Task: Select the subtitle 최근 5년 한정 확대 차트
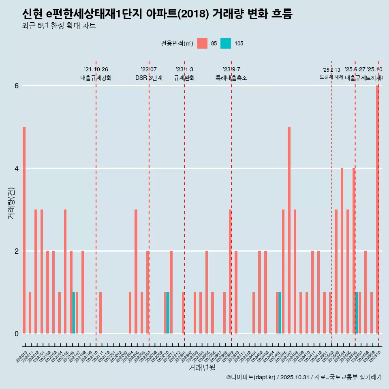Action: click(59, 26)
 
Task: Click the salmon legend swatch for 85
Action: click(202, 43)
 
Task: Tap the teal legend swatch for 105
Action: click(226, 43)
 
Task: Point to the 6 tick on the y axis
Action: click(17, 86)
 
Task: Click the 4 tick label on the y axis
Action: click(17, 169)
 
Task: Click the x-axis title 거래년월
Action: click(202, 368)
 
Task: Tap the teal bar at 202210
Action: click(168, 313)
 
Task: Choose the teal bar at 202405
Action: click(280, 313)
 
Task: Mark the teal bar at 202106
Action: click(74, 313)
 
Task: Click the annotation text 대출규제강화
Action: click(96, 78)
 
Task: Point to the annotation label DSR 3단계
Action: click(149, 78)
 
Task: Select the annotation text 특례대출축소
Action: click(231, 78)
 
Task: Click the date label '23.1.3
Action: click(184, 69)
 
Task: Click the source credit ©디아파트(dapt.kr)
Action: click(251, 377)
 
